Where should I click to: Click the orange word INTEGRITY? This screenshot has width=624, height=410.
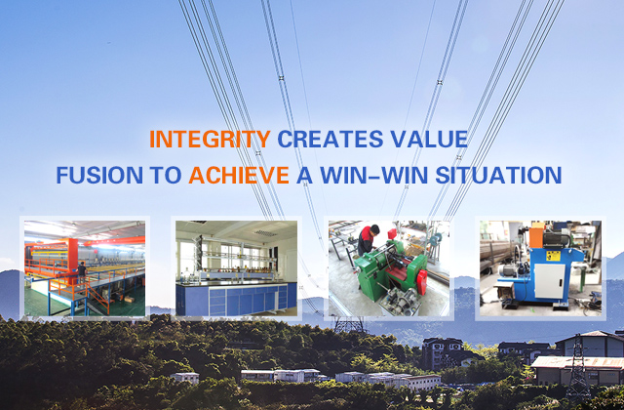tap(210, 139)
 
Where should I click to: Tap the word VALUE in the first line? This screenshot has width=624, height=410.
tap(429, 139)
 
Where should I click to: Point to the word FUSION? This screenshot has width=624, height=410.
tap(99, 175)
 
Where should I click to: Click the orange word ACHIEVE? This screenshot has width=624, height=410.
tap(239, 175)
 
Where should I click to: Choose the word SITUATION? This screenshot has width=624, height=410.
tap(498, 175)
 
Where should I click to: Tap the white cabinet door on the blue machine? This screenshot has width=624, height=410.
tap(550, 281)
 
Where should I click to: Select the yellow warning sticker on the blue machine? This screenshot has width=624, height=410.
tap(553, 256)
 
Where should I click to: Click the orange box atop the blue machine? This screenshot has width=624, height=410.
tap(536, 236)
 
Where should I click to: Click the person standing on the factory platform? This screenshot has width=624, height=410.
tap(82, 272)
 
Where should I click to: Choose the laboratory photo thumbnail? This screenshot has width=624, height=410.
tap(236, 268)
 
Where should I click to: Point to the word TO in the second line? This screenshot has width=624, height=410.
tap(166, 175)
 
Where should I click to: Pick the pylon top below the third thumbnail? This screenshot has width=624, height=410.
tap(349, 324)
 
